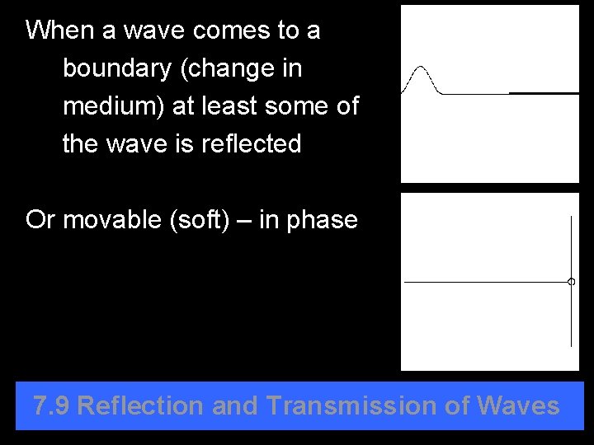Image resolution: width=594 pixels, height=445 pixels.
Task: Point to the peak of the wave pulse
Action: (422, 67)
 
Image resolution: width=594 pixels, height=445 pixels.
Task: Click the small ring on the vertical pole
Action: (571, 282)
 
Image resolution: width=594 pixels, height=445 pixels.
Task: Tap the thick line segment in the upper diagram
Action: (544, 93)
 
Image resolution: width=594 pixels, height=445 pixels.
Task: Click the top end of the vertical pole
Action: (571, 217)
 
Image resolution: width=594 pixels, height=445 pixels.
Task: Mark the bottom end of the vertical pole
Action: (571, 345)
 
